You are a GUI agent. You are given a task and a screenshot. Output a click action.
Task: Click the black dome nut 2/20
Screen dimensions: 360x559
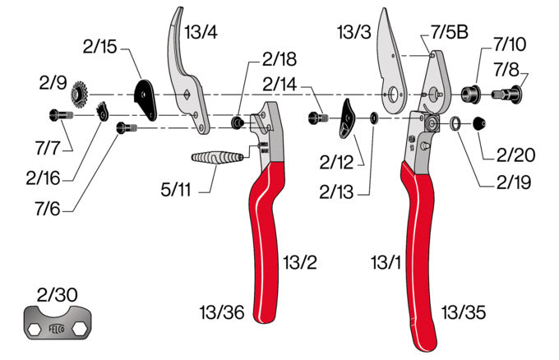477,124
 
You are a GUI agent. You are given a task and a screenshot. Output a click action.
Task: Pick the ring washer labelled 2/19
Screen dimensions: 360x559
454,124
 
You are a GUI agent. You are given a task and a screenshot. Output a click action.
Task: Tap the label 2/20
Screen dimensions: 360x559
515,153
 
